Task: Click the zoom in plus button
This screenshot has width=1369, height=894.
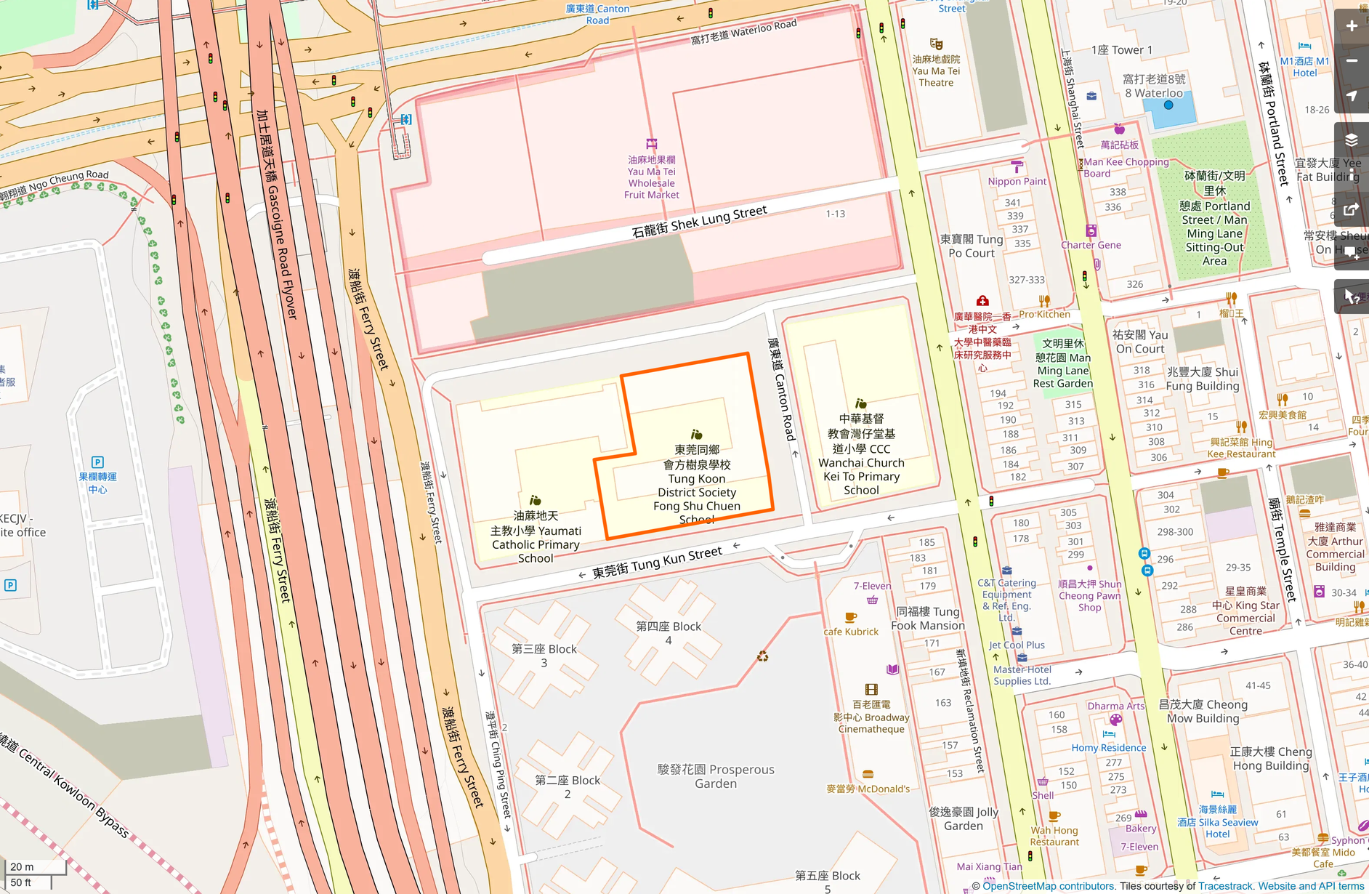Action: click(1352, 26)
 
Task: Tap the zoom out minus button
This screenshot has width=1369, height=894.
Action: click(1352, 61)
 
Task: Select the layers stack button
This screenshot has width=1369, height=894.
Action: click(1352, 140)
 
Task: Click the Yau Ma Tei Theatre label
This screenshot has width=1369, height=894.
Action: click(936, 71)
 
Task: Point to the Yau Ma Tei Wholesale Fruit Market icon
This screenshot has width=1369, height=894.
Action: click(652, 144)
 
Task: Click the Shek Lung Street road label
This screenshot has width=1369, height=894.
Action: click(699, 221)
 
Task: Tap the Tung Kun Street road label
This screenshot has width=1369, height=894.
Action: click(657, 563)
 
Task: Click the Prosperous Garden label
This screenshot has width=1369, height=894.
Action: click(716, 776)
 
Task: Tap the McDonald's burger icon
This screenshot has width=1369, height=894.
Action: click(868, 774)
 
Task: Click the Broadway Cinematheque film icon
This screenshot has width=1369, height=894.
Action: click(871, 689)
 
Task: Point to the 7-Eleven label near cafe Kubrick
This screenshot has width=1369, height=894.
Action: click(872, 586)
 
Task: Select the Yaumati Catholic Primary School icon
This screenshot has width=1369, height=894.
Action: click(536, 500)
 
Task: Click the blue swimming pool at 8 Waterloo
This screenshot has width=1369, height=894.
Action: click(1168, 106)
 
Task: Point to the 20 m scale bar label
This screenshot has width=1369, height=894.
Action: click(22, 866)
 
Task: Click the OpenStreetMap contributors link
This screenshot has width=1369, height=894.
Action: click(1048, 886)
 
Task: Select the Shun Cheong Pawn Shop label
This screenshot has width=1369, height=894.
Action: click(1089, 595)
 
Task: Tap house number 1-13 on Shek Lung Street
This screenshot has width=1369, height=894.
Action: click(835, 214)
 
